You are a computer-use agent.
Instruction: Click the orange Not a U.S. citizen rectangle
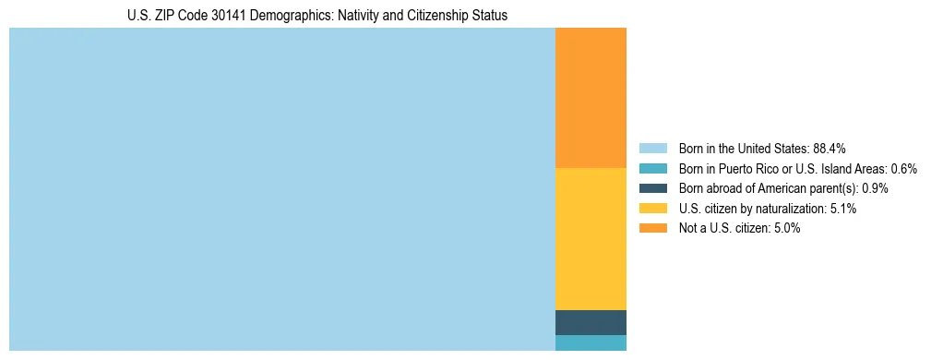(x=591, y=98)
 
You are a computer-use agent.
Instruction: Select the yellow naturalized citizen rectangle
(x=591, y=238)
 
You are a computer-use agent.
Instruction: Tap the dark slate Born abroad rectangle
(x=591, y=322)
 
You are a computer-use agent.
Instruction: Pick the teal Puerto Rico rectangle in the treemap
(x=591, y=342)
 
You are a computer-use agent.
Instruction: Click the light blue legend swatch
(x=652, y=149)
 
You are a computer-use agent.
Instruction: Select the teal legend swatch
(x=652, y=169)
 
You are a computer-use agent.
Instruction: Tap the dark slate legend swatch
(x=652, y=188)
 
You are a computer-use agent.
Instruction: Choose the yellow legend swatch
(x=652, y=209)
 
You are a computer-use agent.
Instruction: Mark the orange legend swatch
(x=652, y=228)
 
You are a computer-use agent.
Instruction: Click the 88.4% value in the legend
(x=830, y=149)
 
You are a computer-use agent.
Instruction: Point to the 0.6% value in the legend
(x=903, y=169)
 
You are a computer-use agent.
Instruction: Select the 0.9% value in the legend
(x=875, y=188)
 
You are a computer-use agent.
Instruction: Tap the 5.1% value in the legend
(x=843, y=209)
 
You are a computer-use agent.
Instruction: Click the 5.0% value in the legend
(x=787, y=228)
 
